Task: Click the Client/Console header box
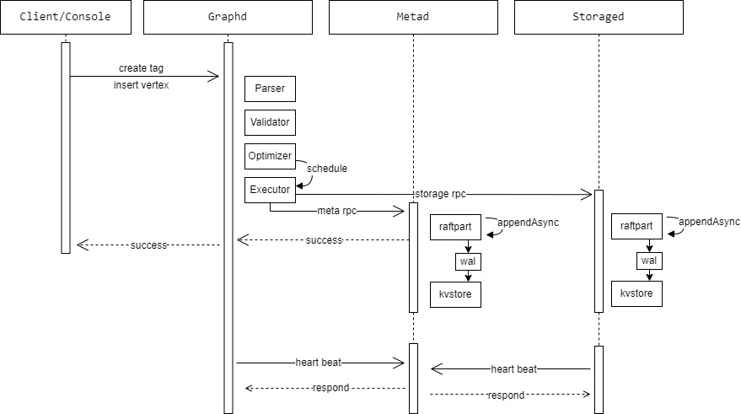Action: (67, 17)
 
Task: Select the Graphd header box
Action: (228, 17)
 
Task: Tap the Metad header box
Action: (413, 17)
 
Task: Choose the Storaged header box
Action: (598, 17)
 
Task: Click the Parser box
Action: (270, 89)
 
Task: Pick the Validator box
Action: (270, 122)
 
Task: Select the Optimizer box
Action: (270, 156)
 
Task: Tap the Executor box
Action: (270, 190)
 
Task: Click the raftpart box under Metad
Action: (455, 228)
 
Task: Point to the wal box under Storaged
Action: (648, 261)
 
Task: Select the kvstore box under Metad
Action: (455, 294)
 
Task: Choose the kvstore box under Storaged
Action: (637, 294)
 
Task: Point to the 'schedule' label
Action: (326, 168)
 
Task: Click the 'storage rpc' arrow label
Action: (440, 194)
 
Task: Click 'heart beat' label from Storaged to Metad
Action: (515, 369)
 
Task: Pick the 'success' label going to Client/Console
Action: (148, 245)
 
